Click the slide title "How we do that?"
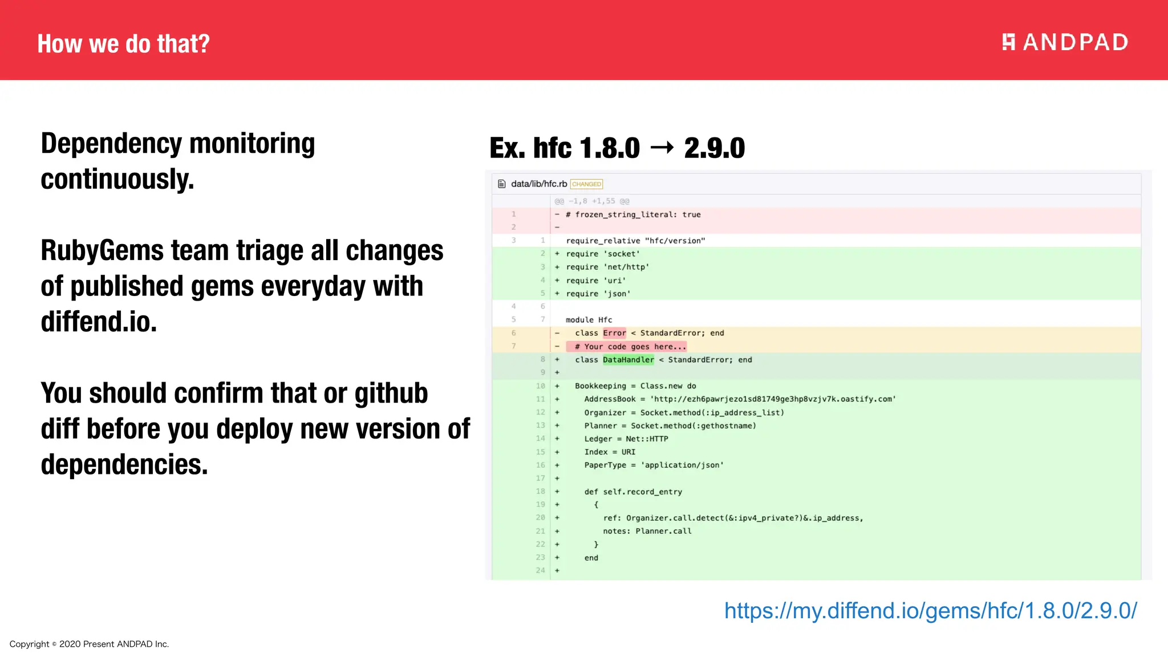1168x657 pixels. (123, 44)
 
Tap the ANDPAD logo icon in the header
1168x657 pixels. (1008, 42)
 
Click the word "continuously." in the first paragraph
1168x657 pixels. (117, 179)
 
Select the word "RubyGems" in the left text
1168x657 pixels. (102, 251)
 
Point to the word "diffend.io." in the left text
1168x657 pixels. (99, 322)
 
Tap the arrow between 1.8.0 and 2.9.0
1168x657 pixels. (662, 148)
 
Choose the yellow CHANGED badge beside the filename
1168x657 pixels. (586, 184)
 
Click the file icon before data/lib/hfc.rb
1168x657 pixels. (502, 184)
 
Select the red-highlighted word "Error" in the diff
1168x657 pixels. (614, 333)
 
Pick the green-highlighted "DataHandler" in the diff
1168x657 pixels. (628, 360)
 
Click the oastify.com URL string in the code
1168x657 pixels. (773, 399)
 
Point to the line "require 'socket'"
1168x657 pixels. (603, 254)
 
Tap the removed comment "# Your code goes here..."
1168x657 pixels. (630, 347)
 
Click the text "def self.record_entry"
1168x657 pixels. (633, 492)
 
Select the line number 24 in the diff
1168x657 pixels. (540, 570)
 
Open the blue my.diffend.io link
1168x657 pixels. (930, 611)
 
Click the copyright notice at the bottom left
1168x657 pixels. (89, 644)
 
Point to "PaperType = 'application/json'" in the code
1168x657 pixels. (654, 465)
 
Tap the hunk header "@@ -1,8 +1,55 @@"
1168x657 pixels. (592, 201)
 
